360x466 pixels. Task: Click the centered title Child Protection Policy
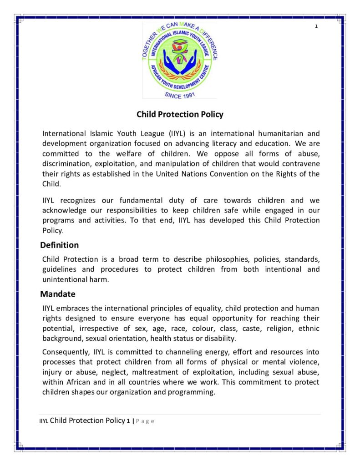tap(180, 114)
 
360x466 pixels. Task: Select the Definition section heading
tap(59, 245)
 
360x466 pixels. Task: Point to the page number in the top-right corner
tap(316, 26)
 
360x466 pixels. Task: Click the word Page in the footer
tap(145, 421)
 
